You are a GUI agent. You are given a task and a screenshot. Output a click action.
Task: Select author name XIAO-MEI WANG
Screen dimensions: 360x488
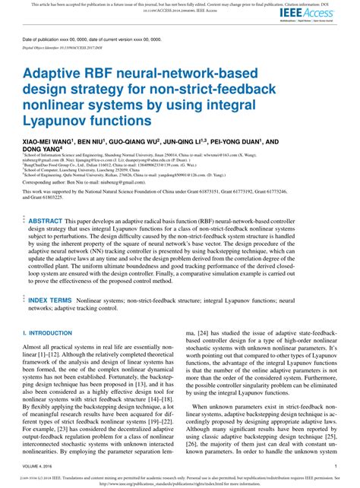click(46, 142)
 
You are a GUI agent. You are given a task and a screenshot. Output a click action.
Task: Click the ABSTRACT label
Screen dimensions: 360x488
click(46, 221)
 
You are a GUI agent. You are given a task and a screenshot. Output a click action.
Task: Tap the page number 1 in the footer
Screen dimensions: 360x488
click(335, 466)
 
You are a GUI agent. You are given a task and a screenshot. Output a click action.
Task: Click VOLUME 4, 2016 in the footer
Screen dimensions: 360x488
click(42, 466)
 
